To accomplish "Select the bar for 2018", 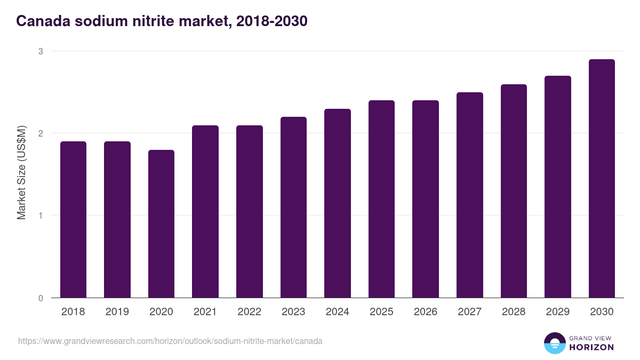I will pos(73,219).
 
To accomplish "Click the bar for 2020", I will pos(161,223).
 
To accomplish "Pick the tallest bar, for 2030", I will pos(602,178).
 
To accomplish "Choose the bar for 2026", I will pos(426,199).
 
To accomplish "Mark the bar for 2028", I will pos(514,191).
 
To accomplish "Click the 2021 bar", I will pos(205,211).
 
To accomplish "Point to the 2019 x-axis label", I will pos(117,312).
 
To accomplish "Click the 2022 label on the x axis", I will pos(249,312).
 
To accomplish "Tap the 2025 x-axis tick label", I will pos(381,312).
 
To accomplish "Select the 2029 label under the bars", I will pos(557,312).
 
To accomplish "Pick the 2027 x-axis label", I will pos(469,312).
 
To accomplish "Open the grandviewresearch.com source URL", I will pos(170,341).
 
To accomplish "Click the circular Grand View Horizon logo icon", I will pos(554,343).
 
